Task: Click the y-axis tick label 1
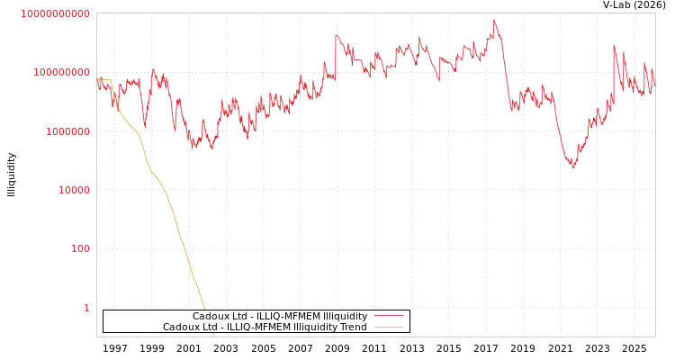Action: tap(86, 308)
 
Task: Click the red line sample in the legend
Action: tap(388, 316)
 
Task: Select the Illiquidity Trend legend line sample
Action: tap(388, 327)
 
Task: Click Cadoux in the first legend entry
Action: tap(209, 316)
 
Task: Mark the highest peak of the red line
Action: tap(493, 19)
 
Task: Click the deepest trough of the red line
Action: tap(573, 167)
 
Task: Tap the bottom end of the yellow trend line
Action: tap(213, 335)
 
